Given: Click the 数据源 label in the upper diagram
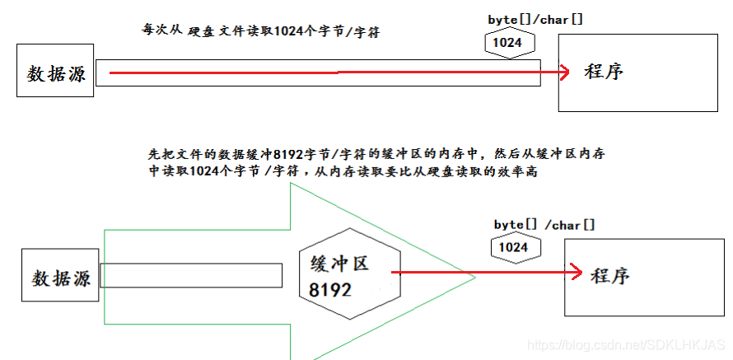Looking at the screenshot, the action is click(x=56, y=74).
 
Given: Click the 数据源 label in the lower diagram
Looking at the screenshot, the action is click(x=61, y=278).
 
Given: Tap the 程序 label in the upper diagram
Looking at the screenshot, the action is click(x=604, y=72).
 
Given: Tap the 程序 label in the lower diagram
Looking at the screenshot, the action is click(x=610, y=275).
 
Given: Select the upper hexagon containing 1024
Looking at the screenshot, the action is click(x=508, y=44).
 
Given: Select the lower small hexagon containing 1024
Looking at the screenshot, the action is click(x=515, y=247).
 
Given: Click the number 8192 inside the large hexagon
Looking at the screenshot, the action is click(x=329, y=290).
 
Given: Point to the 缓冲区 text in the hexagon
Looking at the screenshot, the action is click(x=339, y=264).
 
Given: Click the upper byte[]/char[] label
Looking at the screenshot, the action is click(x=535, y=20).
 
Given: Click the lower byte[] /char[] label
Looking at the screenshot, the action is click(x=544, y=225).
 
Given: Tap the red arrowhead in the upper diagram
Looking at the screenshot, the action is click(x=564, y=72).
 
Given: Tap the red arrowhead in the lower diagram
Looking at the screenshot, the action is click(x=576, y=272).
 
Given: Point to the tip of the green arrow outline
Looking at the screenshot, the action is click(x=475, y=278).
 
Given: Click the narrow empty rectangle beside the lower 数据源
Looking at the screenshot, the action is click(x=191, y=275).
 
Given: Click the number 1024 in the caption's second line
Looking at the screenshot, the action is click(x=203, y=171).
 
